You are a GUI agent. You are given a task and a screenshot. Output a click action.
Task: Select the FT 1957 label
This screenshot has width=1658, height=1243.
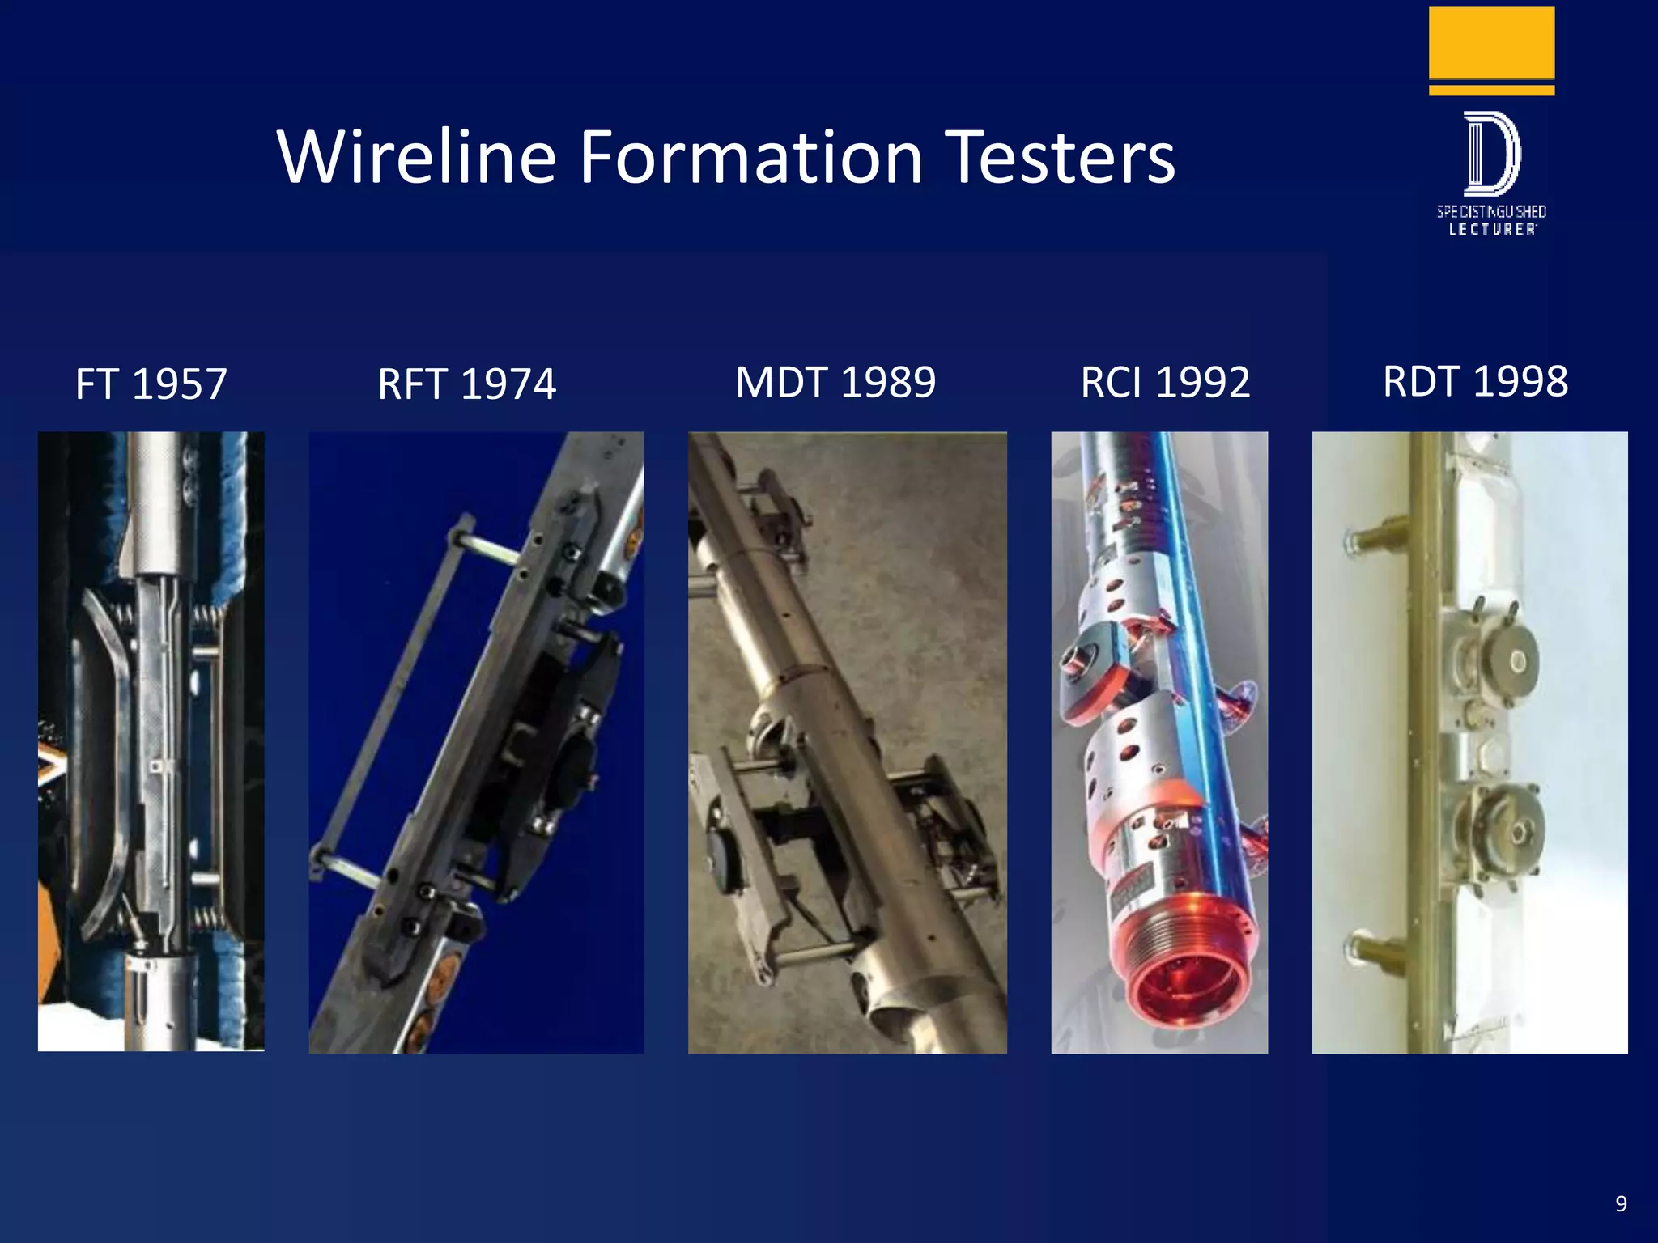151,384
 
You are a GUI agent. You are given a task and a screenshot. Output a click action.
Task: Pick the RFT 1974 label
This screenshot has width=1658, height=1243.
467,384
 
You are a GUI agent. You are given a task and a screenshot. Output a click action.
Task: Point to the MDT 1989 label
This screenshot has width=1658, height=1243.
835,382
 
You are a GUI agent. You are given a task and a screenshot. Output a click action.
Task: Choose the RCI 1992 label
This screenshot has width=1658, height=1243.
1165,382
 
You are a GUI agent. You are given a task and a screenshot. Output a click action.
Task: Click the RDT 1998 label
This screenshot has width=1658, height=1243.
1475,381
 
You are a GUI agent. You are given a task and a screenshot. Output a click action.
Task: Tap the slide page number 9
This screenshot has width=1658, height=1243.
1621,1203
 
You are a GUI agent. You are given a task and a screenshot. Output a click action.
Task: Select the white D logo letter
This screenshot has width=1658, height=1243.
1492,154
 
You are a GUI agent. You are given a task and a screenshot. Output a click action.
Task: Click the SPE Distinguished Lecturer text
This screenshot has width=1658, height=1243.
1491,220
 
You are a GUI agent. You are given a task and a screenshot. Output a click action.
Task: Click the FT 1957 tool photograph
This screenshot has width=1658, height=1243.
151,741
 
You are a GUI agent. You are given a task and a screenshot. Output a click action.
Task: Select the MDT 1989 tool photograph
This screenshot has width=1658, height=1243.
847,742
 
